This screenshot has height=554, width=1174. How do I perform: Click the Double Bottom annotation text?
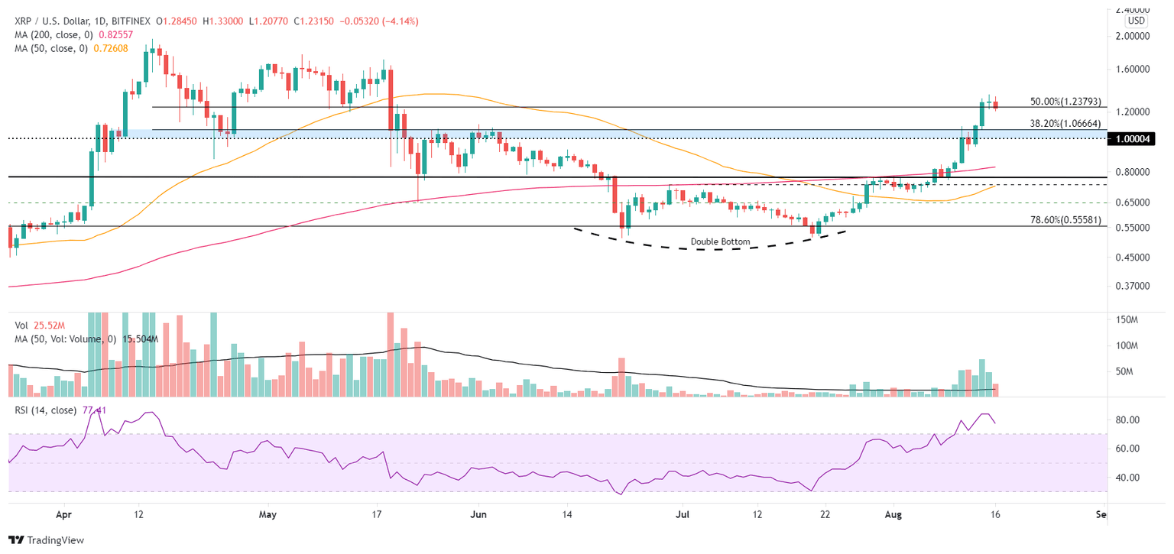click(x=720, y=242)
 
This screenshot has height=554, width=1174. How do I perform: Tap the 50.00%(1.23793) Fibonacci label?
click(x=1066, y=101)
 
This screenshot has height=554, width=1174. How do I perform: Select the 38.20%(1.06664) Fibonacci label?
click(x=1066, y=123)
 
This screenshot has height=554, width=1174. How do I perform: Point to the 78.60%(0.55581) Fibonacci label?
click(x=1066, y=220)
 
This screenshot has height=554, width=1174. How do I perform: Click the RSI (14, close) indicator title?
click(x=46, y=410)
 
